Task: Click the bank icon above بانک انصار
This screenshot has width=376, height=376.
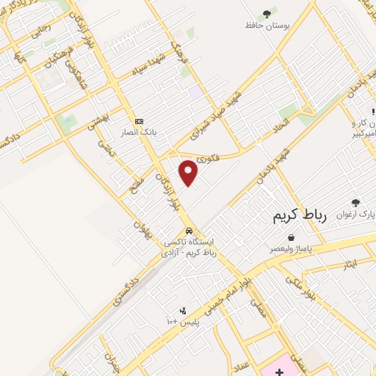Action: tap(139, 121)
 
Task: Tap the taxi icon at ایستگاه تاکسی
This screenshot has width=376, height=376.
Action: tap(189, 229)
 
